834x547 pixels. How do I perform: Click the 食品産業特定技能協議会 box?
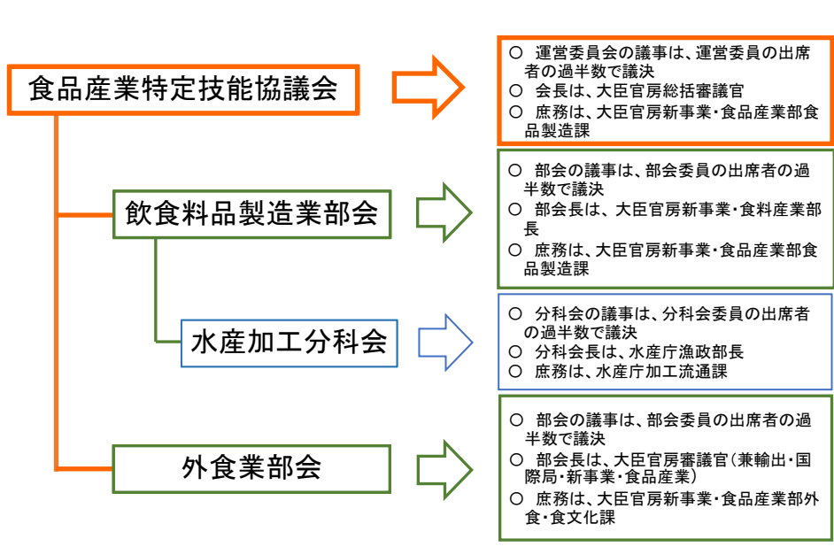[x=183, y=89]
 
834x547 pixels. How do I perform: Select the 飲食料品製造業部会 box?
[x=251, y=214]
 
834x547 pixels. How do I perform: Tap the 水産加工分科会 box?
[x=289, y=343]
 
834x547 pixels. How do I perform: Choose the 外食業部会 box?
[x=251, y=469]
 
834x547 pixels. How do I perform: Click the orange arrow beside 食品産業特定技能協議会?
[x=429, y=87]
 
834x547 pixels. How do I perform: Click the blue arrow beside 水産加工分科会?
[x=445, y=343]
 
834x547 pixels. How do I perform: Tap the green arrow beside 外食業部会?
[x=444, y=470]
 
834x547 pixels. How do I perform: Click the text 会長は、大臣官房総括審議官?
[x=639, y=91]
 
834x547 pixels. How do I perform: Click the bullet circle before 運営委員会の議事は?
[x=515, y=52]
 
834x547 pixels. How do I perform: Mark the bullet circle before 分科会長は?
[x=515, y=351]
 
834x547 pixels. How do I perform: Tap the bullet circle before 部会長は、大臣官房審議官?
[x=516, y=459]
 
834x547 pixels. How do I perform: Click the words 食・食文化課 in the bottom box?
[x=569, y=517]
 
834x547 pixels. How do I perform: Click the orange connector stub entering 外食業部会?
[x=85, y=469]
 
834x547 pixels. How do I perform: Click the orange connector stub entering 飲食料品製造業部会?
[x=85, y=215]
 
